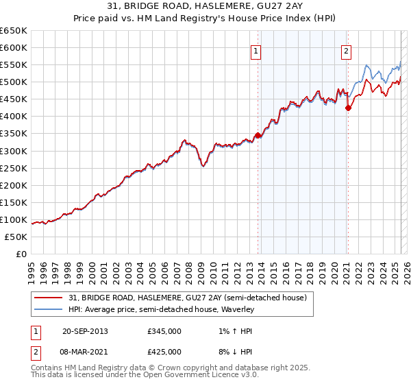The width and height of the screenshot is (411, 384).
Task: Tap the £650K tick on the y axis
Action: tap(14, 31)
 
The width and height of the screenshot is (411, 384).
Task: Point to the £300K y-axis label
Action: tap(14, 151)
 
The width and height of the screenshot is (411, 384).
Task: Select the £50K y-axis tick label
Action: tap(16, 237)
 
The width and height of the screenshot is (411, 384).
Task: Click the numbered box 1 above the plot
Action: tap(256, 50)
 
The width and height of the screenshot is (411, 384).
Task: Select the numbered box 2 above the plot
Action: tap(347, 50)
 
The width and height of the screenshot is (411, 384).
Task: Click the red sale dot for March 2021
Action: tap(348, 107)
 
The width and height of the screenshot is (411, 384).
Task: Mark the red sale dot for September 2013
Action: tap(258, 135)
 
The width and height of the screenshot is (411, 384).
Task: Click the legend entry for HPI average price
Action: tap(161, 310)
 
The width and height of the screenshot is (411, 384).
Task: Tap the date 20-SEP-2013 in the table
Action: tap(85, 331)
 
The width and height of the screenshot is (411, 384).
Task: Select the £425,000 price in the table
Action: tap(164, 352)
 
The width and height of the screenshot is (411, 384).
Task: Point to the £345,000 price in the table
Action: tap(164, 331)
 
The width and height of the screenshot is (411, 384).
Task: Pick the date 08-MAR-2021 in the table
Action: tap(85, 352)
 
